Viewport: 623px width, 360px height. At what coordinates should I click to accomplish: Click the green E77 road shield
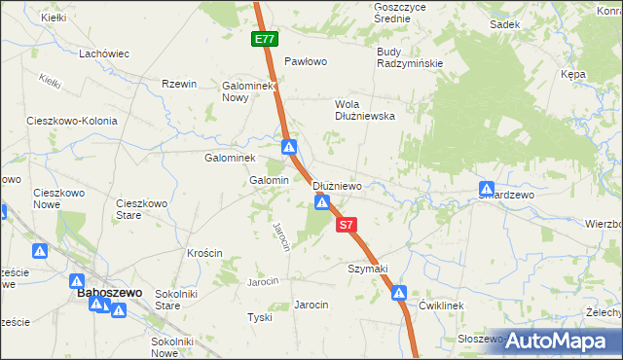[x=264, y=40]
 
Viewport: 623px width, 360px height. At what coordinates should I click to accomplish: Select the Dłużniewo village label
[x=337, y=186]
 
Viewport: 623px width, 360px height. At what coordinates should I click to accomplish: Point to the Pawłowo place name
[x=304, y=60]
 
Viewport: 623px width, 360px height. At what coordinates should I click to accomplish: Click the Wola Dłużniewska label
[x=364, y=109]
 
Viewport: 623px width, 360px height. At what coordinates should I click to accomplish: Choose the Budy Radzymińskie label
[x=409, y=57]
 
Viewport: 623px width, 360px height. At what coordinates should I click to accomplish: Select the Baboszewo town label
[x=109, y=292]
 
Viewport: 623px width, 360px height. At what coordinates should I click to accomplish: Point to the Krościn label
[x=206, y=253]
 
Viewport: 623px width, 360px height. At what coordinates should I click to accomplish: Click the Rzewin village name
[x=180, y=85]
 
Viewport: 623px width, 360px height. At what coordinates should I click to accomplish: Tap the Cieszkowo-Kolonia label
[x=72, y=122]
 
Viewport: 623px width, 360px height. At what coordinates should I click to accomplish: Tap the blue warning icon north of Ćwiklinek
[x=399, y=293]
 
